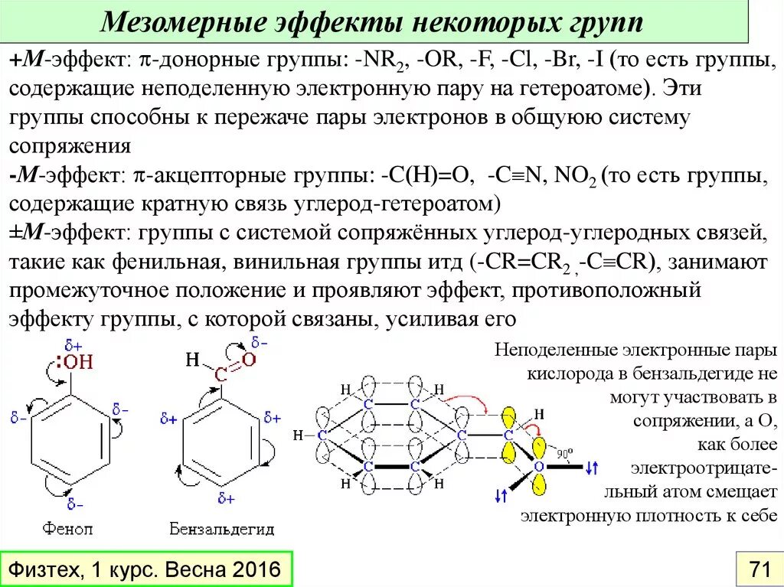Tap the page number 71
tap(759, 569)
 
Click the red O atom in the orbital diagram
tap(538, 465)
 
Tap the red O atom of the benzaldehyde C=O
tap(249, 360)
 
